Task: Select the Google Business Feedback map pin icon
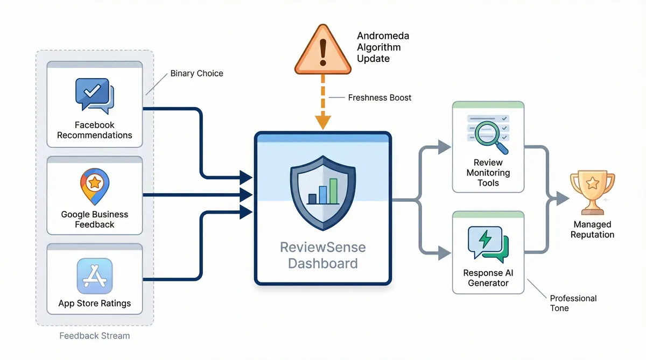pyautogui.click(x=94, y=186)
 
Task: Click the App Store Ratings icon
pyautogui.click(x=94, y=275)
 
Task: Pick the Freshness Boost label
pyautogui.click(x=380, y=98)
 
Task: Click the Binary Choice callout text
pyautogui.click(x=196, y=73)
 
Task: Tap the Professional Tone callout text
pyautogui.click(x=573, y=303)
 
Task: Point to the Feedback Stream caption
pyautogui.click(x=94, y=336)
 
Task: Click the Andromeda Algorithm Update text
pyautogui.click(x=383, y=47)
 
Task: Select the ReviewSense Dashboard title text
pyautogui.click(x=322, y=256)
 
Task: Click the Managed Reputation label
pyautogui.click(x=592, y=229)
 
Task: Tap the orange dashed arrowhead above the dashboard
pyautogui.click(x=322, y=123)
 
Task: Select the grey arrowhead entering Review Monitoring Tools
pyautogui.click(x=445, y=146)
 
